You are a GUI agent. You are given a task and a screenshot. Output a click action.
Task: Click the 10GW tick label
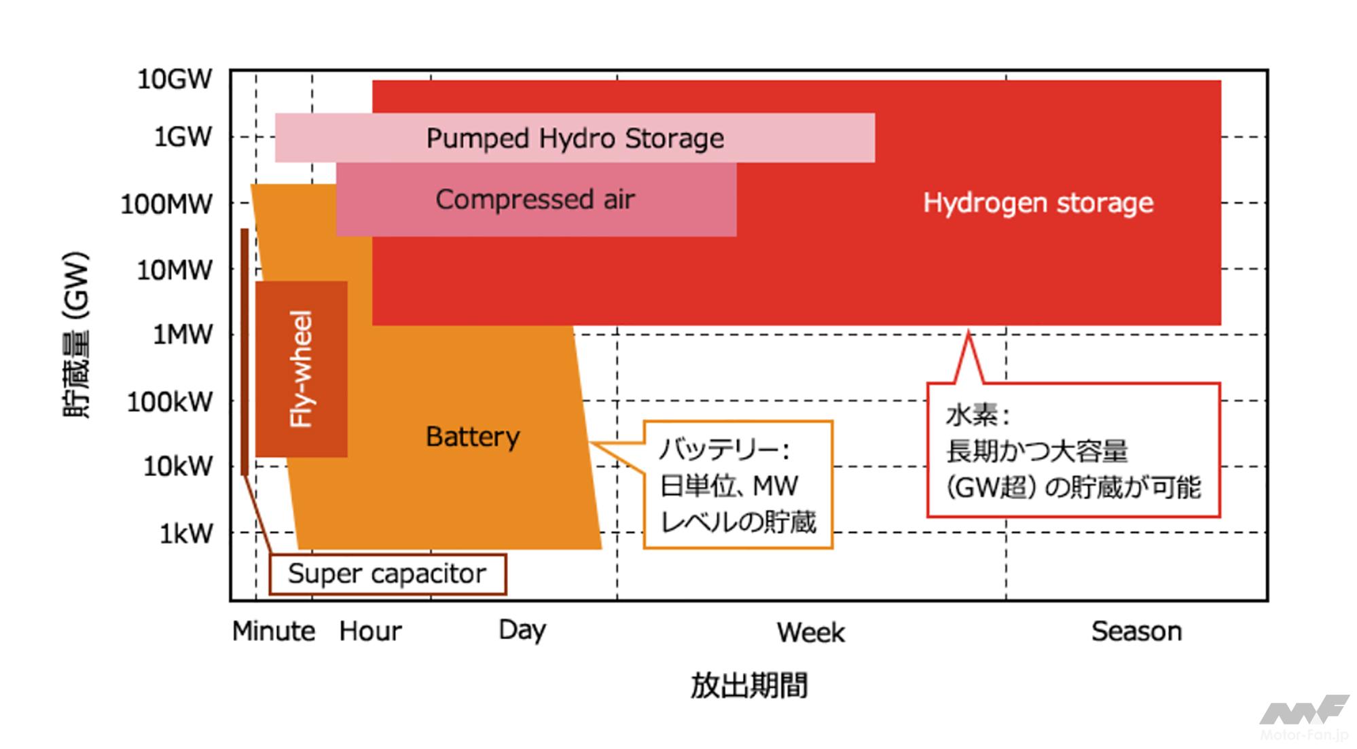tap(175, 79)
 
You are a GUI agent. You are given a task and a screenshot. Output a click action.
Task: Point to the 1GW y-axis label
tap(182, 137)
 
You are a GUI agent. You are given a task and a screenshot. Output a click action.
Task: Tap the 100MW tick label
tap(166, 204)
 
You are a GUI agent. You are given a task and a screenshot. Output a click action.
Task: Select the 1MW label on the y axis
tap(182, 335)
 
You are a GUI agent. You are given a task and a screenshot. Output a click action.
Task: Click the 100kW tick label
tap(170, 402)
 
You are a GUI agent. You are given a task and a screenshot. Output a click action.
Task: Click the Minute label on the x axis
tap(274, 632)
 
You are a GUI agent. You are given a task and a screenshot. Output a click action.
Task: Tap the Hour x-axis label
tap(370, 632)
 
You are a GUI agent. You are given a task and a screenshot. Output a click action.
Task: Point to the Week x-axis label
tap(811, 633)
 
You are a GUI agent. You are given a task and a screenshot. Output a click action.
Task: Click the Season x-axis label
tap(1136, 632)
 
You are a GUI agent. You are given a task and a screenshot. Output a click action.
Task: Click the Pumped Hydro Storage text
tap(575, 139)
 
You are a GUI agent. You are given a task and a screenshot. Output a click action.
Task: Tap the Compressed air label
tap(535, 200)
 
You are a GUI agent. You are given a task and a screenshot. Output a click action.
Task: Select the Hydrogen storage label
tap(1038, 202)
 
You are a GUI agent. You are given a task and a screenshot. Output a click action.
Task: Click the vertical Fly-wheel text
tap(302, 369)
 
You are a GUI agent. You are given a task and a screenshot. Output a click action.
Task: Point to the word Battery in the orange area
tap(473, 437)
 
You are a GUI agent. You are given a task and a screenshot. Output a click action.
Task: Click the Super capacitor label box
tap(387, 574)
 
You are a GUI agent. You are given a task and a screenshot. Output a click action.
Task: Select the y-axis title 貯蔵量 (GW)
tap(76, 335)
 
